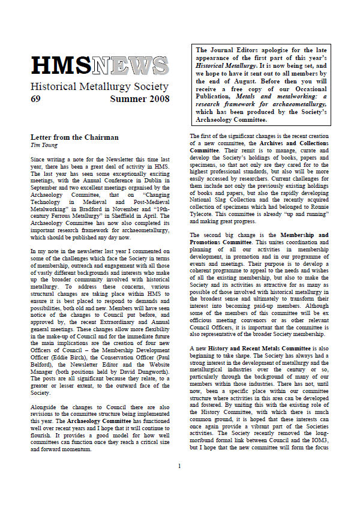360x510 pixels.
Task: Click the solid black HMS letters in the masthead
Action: click(x=62, y=65)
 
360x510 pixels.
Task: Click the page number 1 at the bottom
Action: click(x=179, y=483)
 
